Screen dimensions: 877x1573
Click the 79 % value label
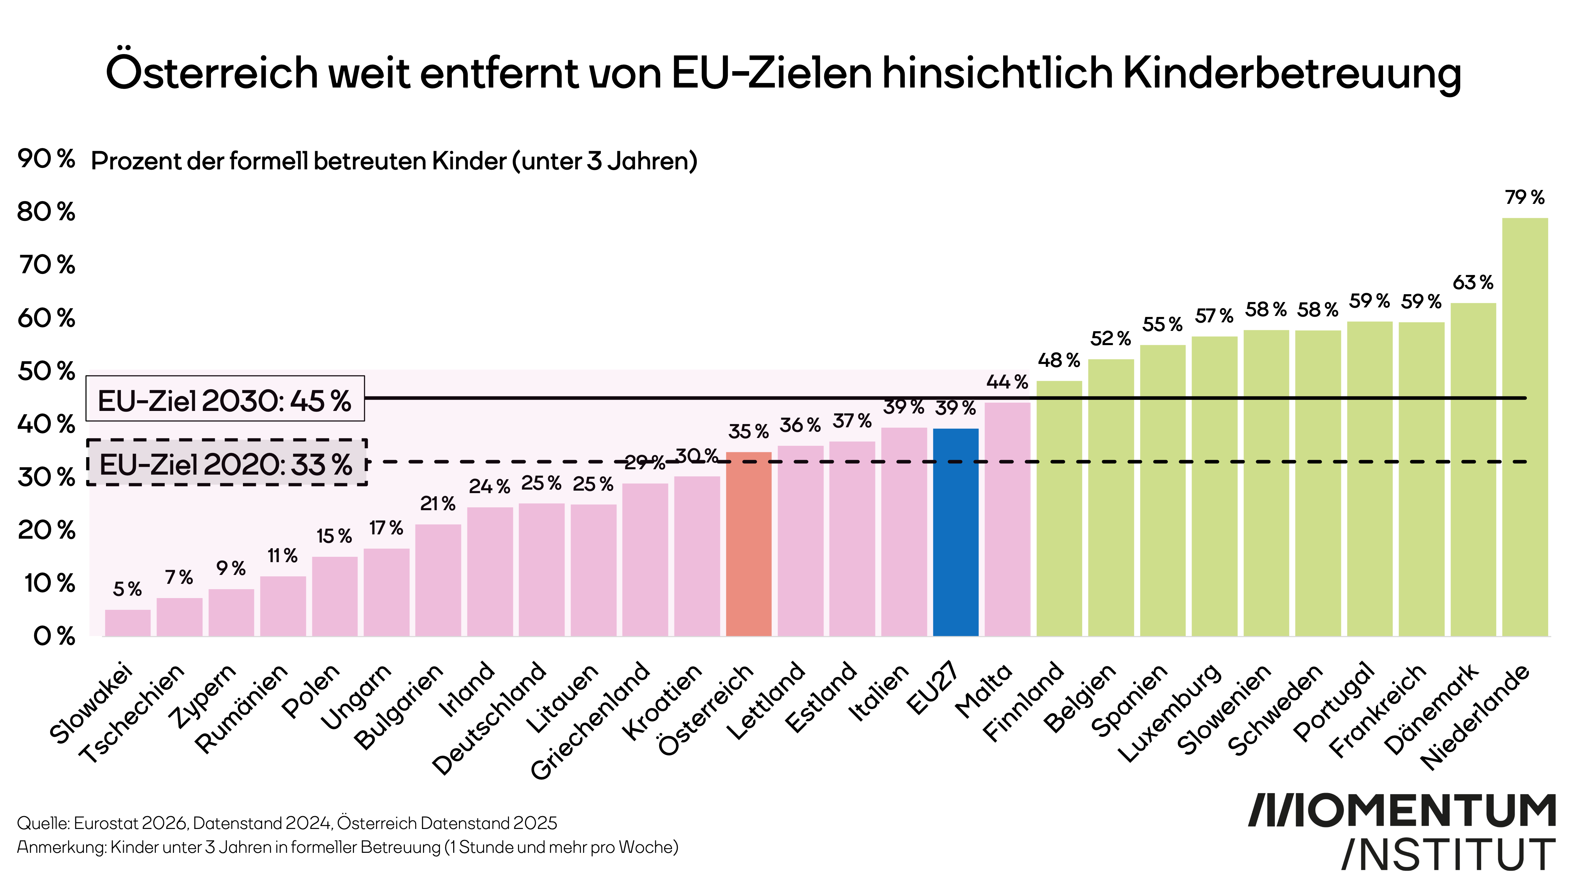pyautogui.click(x=1524, y=197)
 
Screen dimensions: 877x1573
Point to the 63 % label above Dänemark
pyautogui.click(x=1473, y=283)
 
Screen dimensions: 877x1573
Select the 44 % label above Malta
pyautogui.click(x=1007, y=382)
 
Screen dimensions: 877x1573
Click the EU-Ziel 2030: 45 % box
pyautogui.click(x=225, y=399)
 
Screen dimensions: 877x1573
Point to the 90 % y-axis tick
pyautogui.click(x=46, y=159)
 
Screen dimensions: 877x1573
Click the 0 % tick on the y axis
pyautogui.click(x=54, y=636)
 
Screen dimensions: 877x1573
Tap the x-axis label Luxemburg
pyautogui.click(x=1169, y=712)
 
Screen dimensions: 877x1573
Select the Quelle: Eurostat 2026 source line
pyautogui.click(x=287, y=823)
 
